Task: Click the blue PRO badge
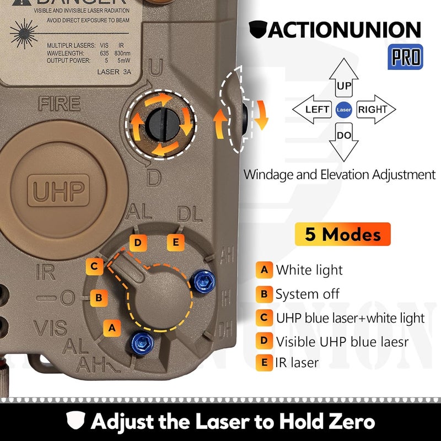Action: coord(406,56)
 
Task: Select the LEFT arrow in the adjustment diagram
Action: coord(313,109)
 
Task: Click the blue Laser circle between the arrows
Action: coord(343,109)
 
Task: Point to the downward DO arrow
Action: coord(343,138)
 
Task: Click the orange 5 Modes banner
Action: coord(342,234)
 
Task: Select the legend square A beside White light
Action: coord(264,270)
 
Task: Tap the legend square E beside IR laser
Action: coord(264,363)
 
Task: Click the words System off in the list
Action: coord(308,294)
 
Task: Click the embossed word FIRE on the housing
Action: coord(59,103)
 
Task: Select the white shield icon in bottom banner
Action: coord(75,422)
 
